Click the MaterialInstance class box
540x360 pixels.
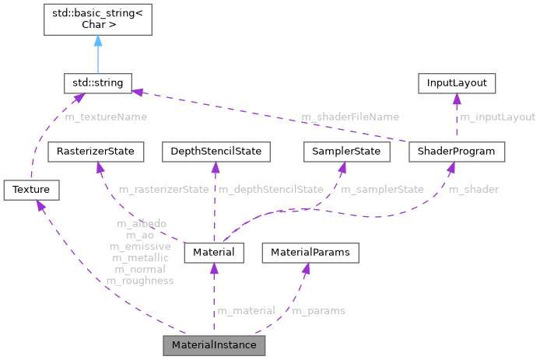(x=214, y=344)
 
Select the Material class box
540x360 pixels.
(x=214, y=252)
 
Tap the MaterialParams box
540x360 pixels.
(x=310, y=252)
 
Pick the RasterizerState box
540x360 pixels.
(x=95, y=151)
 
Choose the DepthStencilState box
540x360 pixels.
(x=215, y=151)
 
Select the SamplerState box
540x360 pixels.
(x=345, y=151)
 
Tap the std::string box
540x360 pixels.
(x=98, y=82)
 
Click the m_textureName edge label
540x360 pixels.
(x=106, y=117)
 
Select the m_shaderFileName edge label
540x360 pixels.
(x=350, y=117)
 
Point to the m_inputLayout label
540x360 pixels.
(x=497, y=117)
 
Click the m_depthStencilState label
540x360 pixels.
(x=271, y=189)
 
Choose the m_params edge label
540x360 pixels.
(x=318, y=310)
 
